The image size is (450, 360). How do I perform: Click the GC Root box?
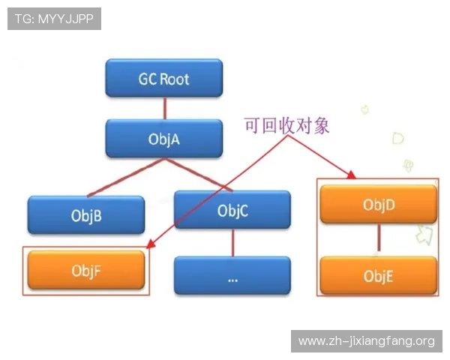(163, 79)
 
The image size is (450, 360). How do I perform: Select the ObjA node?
(163, 138)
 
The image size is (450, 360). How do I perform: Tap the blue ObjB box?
(86, 215)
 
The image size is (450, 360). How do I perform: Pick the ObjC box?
(232, 211)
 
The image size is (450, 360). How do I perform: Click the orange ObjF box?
(86, 270)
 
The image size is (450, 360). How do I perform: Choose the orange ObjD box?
(378, 204)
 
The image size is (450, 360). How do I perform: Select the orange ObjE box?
(378, 275)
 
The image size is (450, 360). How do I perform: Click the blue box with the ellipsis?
(232, 276)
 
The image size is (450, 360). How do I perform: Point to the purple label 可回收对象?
(286, 124)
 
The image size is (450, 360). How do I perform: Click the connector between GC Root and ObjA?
(163, 108)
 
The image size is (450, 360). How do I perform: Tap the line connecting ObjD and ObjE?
(378, 239)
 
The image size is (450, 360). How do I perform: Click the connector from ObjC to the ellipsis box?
(232, 243)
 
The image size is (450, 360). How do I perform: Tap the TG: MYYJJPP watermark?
(54, 19)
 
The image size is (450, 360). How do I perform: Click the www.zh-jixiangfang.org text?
(366, 341)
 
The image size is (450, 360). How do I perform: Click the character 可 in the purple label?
(251, 124)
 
